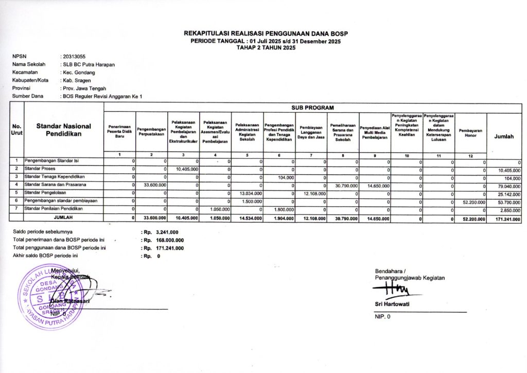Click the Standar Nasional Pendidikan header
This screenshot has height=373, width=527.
coord(64,130)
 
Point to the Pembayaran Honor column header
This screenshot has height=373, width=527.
coord(470,133)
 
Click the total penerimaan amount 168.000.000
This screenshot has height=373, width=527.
coord(169,240)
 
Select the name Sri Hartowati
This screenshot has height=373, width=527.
coord(392,304)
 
